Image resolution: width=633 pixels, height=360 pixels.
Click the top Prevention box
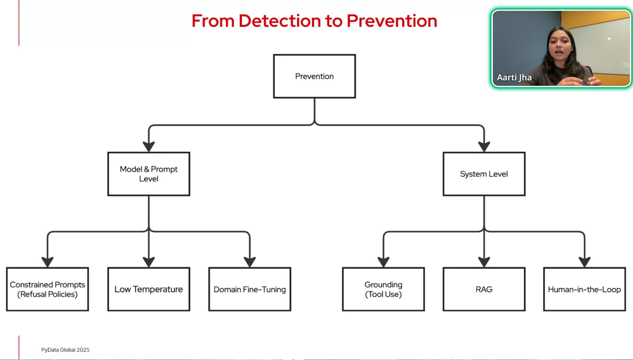314,76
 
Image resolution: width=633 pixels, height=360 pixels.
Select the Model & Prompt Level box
149,174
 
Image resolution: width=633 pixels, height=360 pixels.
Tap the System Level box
484,174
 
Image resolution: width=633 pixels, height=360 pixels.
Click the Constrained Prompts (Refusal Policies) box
48,289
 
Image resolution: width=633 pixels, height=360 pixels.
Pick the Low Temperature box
149,289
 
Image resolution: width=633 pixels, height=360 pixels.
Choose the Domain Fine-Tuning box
250,289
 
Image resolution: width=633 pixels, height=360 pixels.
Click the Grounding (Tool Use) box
383,289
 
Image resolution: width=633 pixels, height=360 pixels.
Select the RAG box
484,289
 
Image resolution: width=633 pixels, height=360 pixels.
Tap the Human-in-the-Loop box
584,289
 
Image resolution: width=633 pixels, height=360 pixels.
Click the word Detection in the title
280,21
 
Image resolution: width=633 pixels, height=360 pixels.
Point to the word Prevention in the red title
392,21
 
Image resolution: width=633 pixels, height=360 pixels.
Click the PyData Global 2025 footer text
65,350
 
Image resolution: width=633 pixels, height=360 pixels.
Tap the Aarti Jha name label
514,77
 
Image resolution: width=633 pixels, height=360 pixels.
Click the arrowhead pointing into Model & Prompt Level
149,146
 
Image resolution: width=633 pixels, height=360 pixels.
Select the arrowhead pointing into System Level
484,146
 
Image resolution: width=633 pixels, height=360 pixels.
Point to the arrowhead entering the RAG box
484,262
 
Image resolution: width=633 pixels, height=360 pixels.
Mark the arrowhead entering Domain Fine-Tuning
250,262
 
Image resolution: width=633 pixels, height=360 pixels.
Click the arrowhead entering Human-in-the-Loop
584,262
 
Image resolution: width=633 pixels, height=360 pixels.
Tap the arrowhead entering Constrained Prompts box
48,262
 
